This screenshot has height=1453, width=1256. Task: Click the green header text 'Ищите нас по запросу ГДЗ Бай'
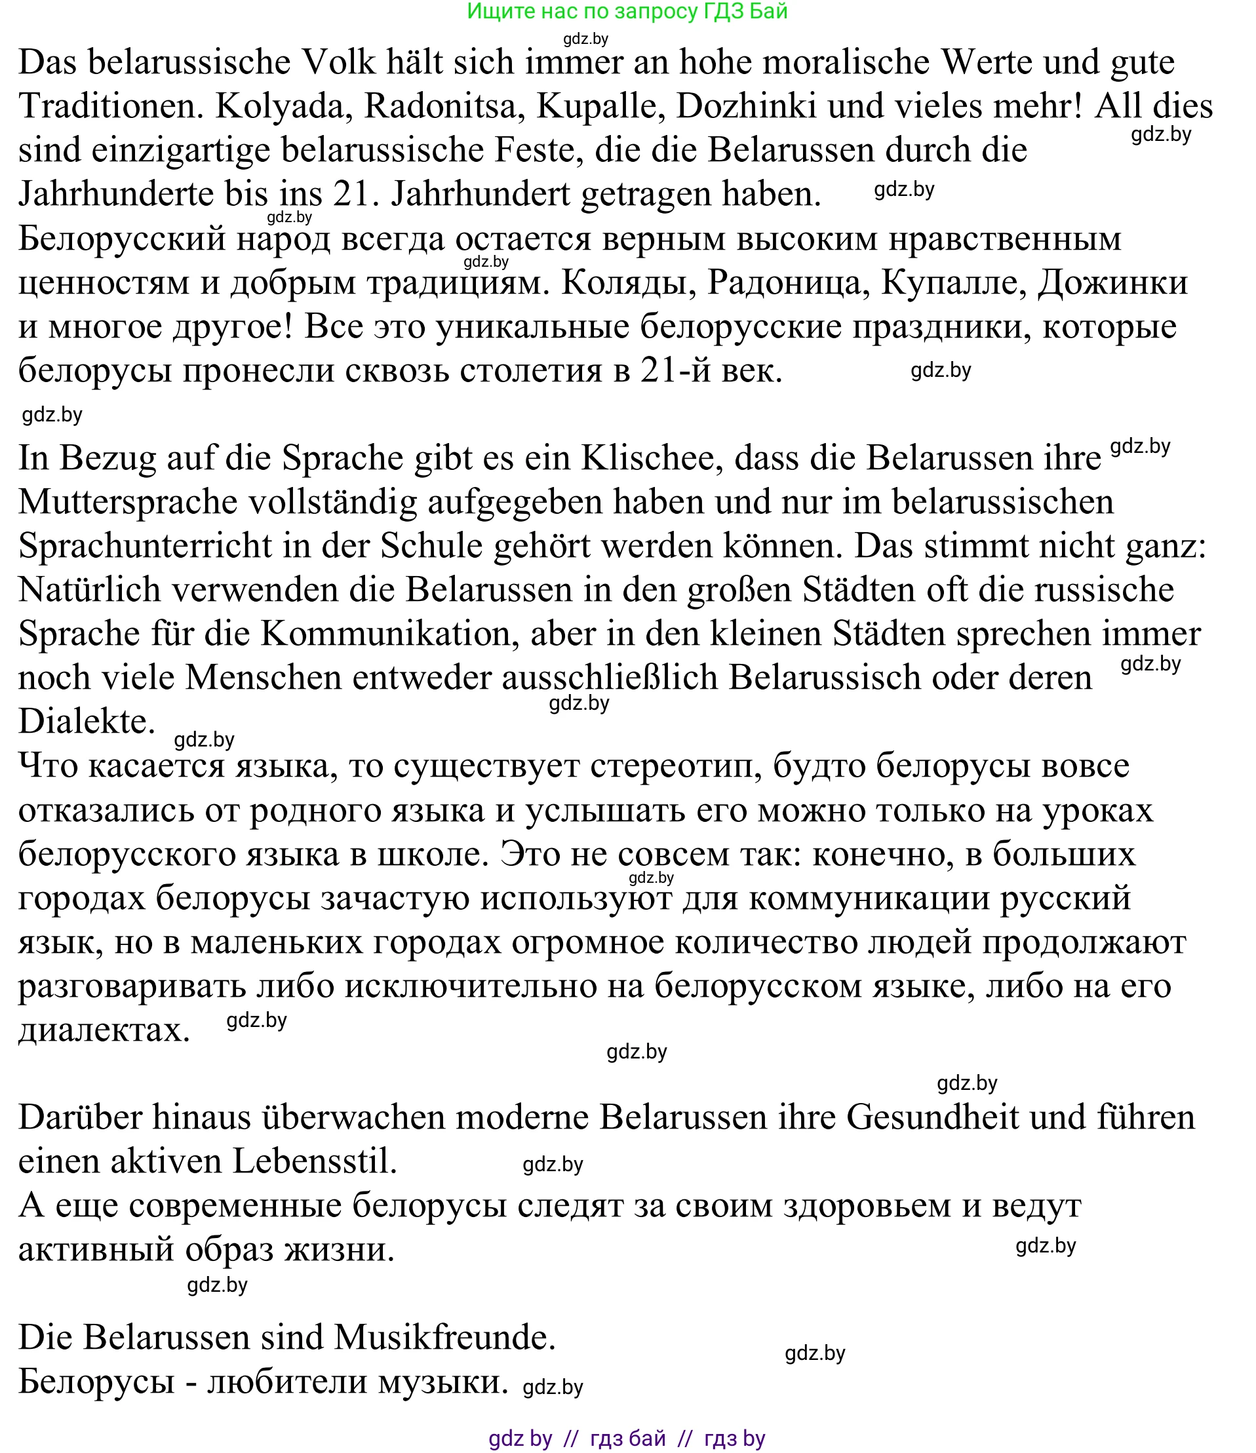click(627, 12)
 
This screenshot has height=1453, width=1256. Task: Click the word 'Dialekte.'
click(87, 722)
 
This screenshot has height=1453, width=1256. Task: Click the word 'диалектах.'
click(104, 1031)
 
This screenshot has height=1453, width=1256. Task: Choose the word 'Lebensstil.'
click(314, 1162)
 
